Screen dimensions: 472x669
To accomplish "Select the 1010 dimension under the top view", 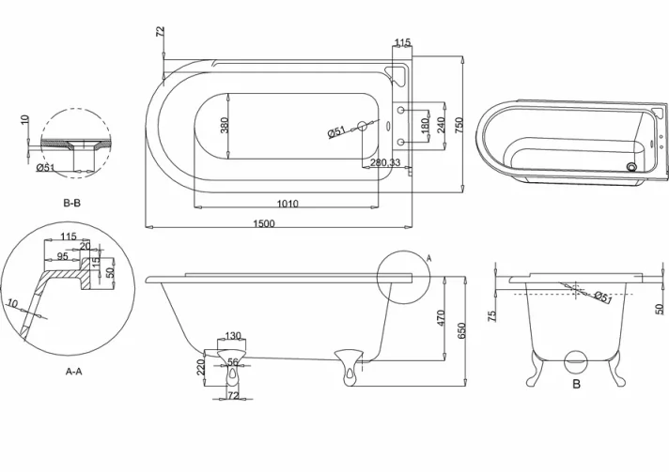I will (x=288, y=204).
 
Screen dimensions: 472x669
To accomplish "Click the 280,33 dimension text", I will (x=386, y=163).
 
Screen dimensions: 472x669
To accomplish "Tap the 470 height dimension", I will (x=440, y=318).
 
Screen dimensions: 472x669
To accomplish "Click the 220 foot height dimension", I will (x=200, y=367).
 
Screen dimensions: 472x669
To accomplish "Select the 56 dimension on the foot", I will (x=232, y=360).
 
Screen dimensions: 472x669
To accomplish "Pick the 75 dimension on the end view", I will (x=491, y=316).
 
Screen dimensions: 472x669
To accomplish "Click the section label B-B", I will (x=74, y=203).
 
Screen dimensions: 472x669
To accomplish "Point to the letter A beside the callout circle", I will (x=429, y=257).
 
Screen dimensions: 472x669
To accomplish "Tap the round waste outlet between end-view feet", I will (x=575, y=359).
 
